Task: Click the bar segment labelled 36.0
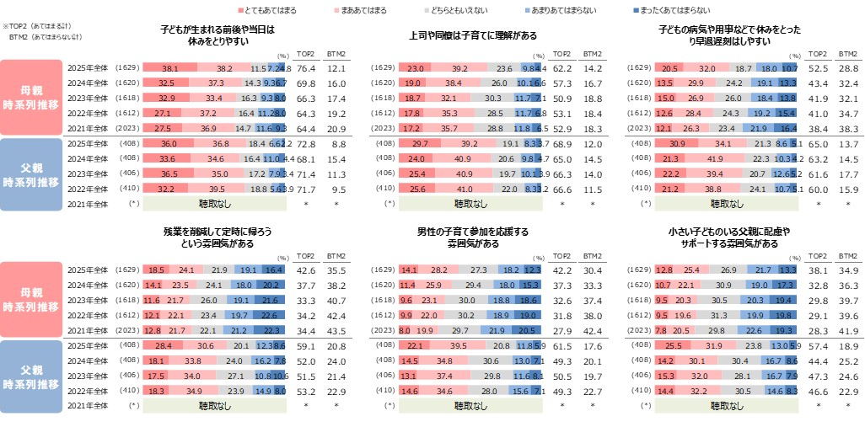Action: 169,145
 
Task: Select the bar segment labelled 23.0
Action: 414,67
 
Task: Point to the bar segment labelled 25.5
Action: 672,348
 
